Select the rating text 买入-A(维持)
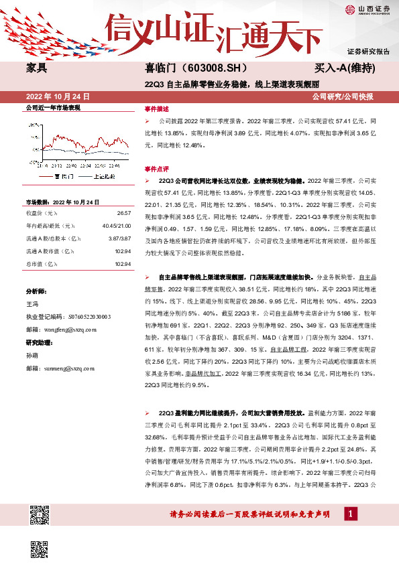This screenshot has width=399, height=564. coord(345,68)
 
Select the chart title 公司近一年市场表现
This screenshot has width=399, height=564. coord(52,107)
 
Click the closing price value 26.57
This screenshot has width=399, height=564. coord(123,212)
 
